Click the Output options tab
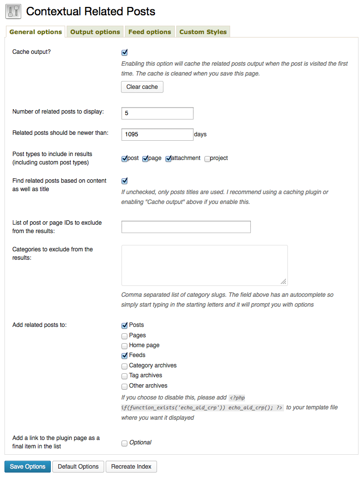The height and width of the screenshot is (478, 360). pyautogui.click(x=95, y=32)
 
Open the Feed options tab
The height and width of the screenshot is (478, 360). pyautogui.click(x=150, y=32)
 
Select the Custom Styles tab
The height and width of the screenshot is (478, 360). pyautogui.click(x=203, y=32)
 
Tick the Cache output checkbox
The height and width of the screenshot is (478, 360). pyautogui.click(x=124, y=52)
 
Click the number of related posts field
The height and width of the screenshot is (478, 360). pyautogui.click(x=157, y=113)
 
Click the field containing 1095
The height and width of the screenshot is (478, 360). pyautogui.click(x=157, y=134)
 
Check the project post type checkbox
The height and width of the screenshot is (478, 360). pyautogui.click(x=207, y=159)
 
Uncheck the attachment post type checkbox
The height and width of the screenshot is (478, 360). pyautogui.click(x=168, y=159)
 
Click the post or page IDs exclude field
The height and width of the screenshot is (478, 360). pyautogui.click(x=186, y=227)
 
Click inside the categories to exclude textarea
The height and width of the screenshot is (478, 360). pyautogui.click(x=204, y=265)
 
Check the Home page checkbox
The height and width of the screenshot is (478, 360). pyautogui.click(x=124, y=346)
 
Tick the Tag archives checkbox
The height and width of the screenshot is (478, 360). pyautogui.click(x=124, y=376)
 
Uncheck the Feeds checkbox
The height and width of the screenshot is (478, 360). pyautogui.click(x=124, y=356)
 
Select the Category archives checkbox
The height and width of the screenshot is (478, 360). pyautogui.click(x=124, y=366)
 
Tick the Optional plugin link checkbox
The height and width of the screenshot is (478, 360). pyautogui.click(x=124, y=443)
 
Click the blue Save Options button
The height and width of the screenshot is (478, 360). pyautogui.click(x=28, y=467)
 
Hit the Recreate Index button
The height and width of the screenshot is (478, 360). pyautogui.click(x=131, y=467)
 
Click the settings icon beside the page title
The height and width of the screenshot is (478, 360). pyautogui.click(x=13, y=11)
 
